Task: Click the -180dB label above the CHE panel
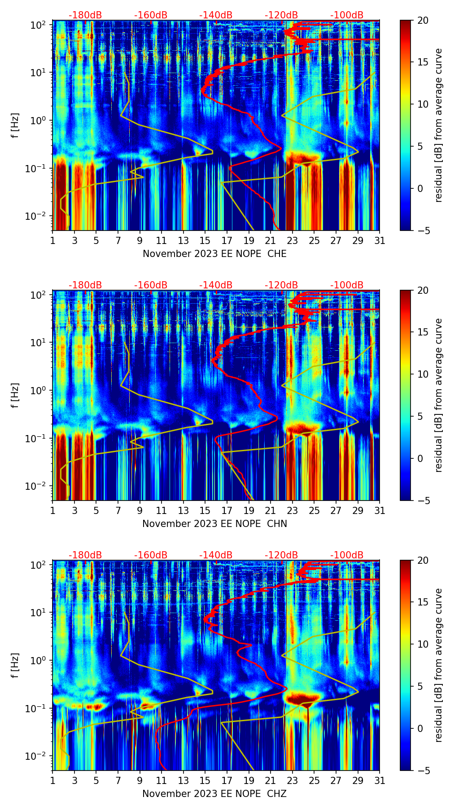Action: [85, 15]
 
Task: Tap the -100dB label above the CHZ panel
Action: [347, 555]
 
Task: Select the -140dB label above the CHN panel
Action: [216, 285]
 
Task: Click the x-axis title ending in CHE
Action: [214, 254]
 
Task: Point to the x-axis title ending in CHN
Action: [214, 524]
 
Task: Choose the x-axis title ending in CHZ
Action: [214, 794]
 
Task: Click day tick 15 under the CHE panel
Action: [205, 240]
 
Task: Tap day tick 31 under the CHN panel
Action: [380, 510]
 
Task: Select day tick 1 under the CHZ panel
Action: [53, 780]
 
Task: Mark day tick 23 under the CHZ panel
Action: [293, 780]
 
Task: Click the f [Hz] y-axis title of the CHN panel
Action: [15, 395]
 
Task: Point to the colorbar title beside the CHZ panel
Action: [438, 665]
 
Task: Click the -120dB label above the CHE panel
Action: [281, 15]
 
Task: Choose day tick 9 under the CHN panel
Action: [140, 510]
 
